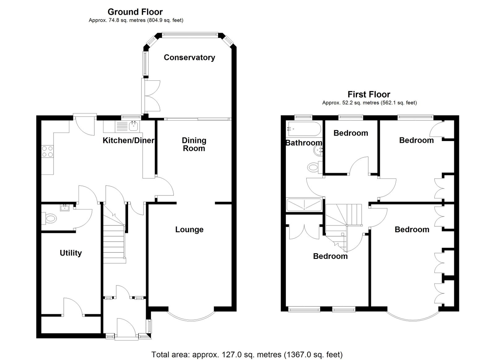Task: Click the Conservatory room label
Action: (189, 58)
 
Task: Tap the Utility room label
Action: (71, 253)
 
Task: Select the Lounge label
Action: (189, 229)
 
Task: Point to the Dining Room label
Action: (194, 144)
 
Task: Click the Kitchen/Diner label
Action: (128, 140)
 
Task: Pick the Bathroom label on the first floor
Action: (304, 143)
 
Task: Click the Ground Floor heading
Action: (135, 12)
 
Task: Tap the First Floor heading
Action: (369, 94)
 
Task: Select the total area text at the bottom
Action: (247, 354)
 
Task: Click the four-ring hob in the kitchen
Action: (48, 152)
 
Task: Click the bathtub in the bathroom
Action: (304, 129)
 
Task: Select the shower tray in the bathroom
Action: (304, 205)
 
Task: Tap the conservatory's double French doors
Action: (151, 96)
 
